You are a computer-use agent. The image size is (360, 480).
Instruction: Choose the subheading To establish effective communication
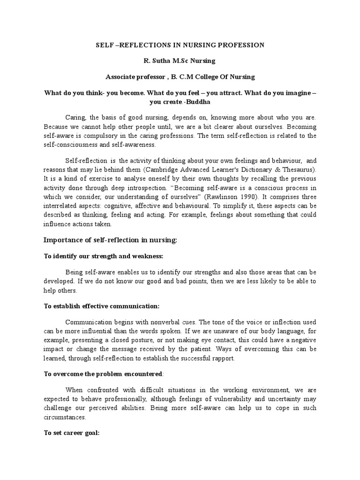coord(102,306)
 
